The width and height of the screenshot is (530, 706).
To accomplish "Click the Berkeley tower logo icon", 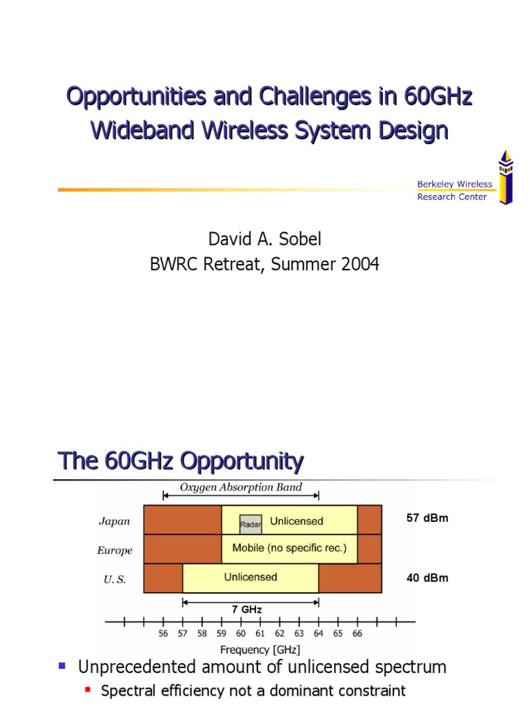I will (506, 177).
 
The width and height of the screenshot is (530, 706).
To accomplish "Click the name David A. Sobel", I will (265, 239).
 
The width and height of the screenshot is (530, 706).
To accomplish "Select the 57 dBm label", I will (427, 518).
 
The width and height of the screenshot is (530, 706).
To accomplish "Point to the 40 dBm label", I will (427, 578).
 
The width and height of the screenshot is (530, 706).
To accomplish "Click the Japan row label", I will (115, 521).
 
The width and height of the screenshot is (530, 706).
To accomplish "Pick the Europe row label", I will (115, 550).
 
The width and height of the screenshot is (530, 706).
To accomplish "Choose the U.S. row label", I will (115, 579).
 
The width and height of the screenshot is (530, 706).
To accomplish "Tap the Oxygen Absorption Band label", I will (241, 487).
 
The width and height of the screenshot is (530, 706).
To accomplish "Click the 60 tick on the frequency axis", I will (241, 633).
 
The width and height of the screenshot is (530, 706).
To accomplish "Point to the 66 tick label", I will (357, 633).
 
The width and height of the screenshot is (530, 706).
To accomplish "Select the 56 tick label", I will (164, 633).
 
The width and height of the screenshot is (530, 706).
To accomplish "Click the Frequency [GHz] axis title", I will (259, 649).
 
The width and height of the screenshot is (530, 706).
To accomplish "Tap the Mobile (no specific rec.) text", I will (289, 549).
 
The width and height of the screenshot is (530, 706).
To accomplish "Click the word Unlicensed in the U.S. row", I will (251, 577).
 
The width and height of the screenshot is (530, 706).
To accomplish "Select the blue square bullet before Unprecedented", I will (62, 666).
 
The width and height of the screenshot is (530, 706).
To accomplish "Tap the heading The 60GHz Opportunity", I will (180, 461).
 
